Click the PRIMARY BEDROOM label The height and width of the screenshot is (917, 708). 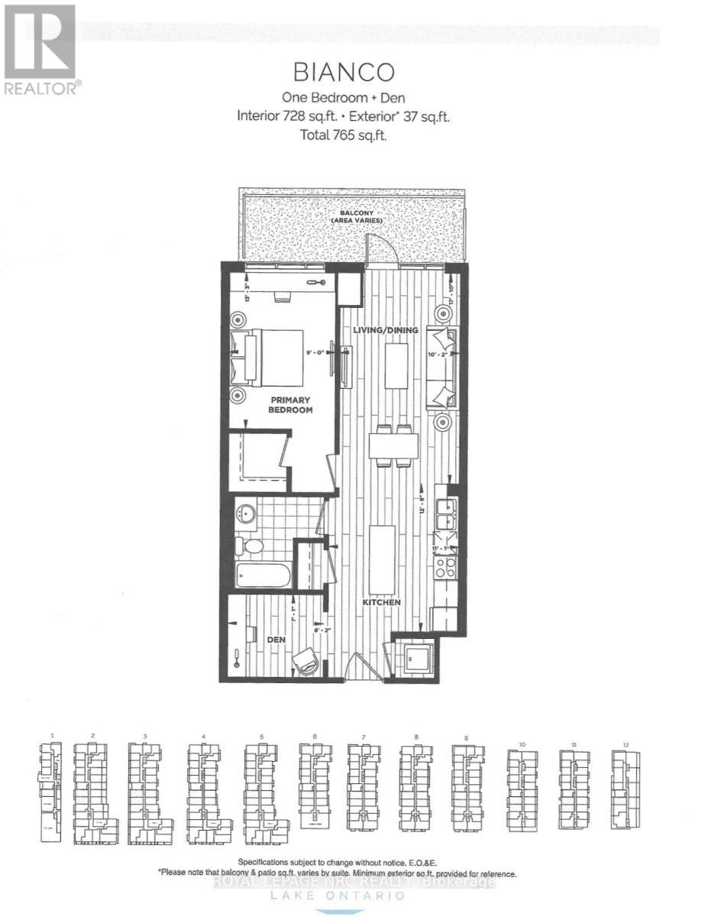click(x=292, y=404)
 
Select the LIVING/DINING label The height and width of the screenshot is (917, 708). click(x=386, y=330)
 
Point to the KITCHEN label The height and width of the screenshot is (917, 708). click(x=382, y=602)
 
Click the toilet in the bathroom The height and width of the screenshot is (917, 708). click(x=250, y=546)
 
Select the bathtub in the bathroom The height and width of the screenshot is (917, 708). click(x=263, y=575)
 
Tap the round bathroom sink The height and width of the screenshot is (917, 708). click(x=246, y=513)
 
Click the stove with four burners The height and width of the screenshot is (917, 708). click(x=445, y=566)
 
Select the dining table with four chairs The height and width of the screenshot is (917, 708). click(x=393, y=446)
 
